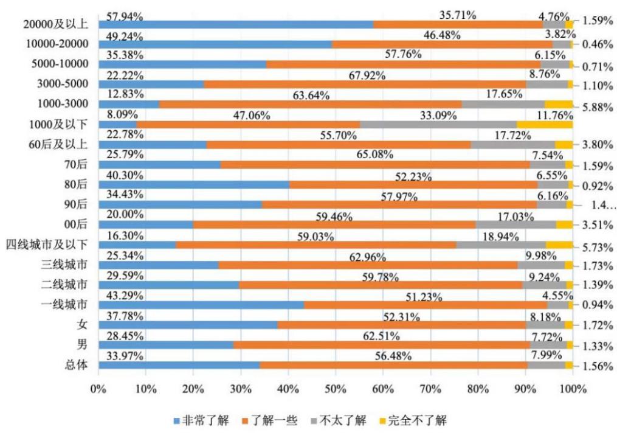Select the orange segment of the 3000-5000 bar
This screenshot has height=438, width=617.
tap(365, 84)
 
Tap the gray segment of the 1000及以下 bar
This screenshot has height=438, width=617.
tap(438, 124)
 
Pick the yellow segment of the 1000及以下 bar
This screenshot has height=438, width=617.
tap(545, 124)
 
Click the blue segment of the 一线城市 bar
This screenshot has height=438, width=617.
tap(201, 305)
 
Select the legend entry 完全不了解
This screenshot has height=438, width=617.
tap(417, 420)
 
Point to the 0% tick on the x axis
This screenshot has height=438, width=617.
tap(98, 388)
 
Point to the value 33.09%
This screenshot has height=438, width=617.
tap(436, 113)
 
